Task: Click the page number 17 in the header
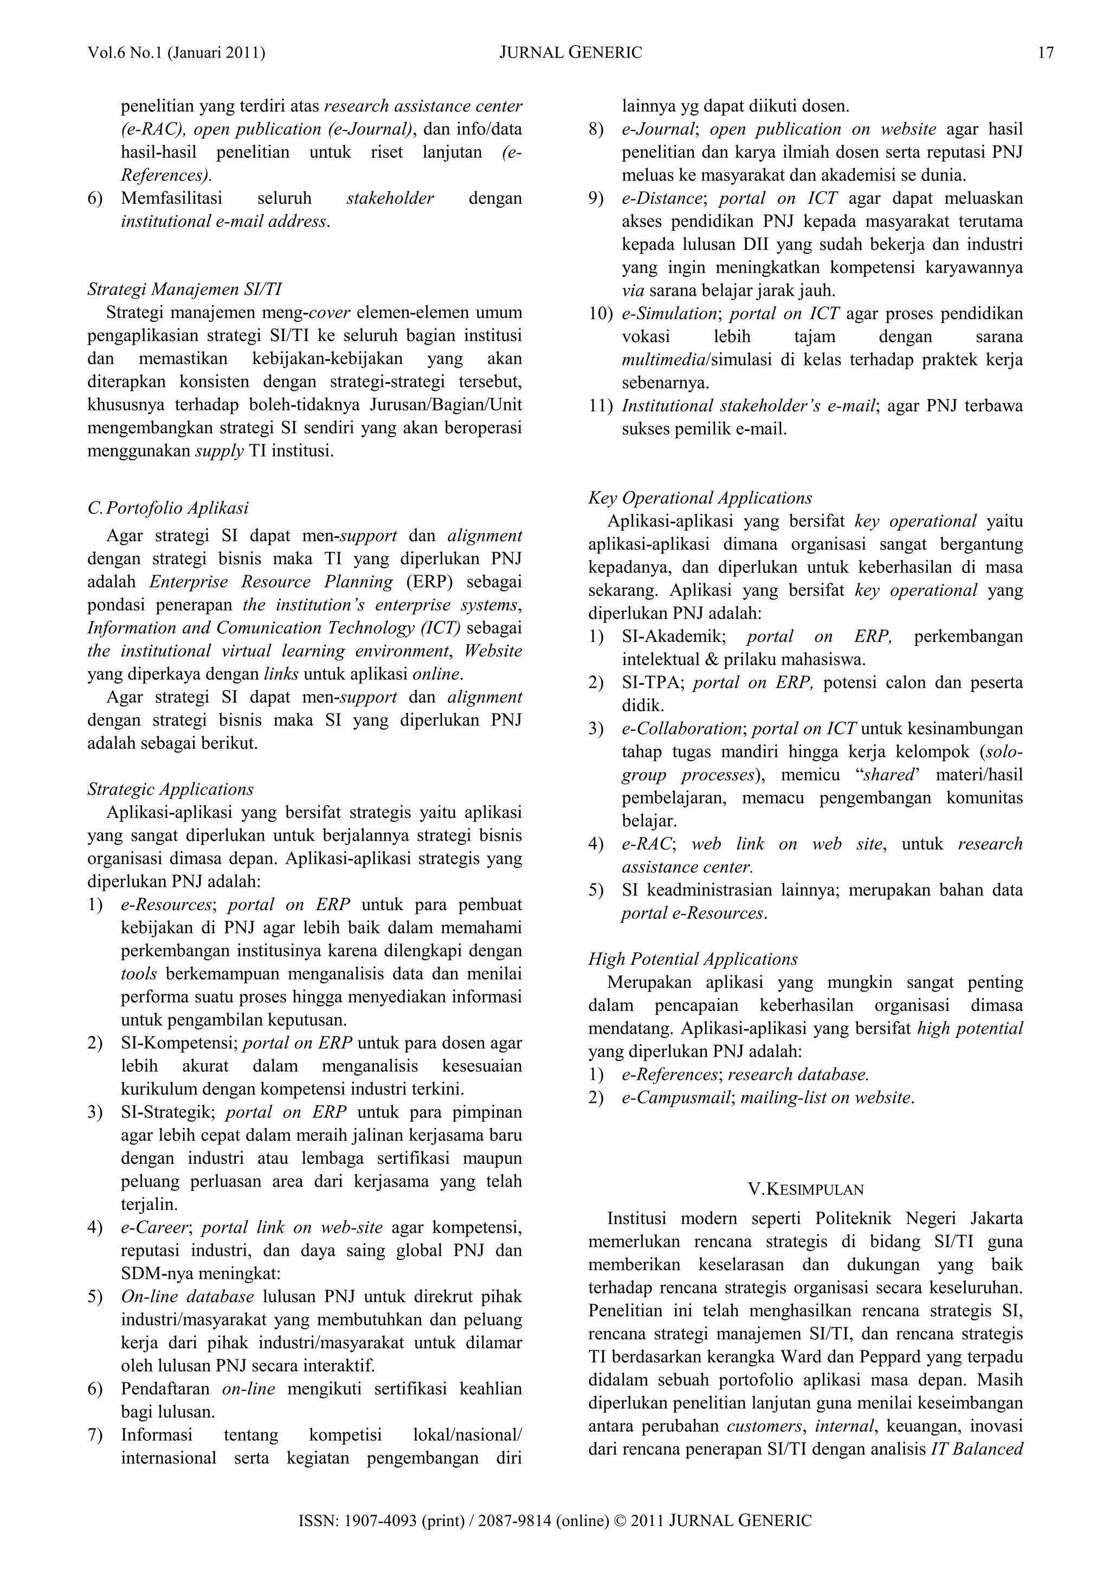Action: [1046, 53]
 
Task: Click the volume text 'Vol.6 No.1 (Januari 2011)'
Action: [177, 53]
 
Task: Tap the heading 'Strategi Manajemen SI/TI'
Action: [185, 289]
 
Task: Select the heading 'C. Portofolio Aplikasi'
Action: [168, 508]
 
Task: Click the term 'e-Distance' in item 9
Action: [661, 198]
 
